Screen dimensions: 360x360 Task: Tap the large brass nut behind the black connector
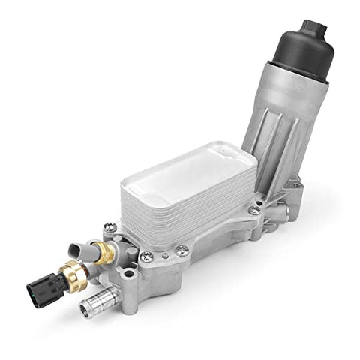click(x=73, y=274)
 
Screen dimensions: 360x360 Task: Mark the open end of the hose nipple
click(x=84, y=310)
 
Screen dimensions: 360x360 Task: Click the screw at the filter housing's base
click(x=255, y=210)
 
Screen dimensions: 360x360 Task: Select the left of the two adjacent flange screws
click(x=147, y=256)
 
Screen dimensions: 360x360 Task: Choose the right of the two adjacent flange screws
click(x=182, y=250)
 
